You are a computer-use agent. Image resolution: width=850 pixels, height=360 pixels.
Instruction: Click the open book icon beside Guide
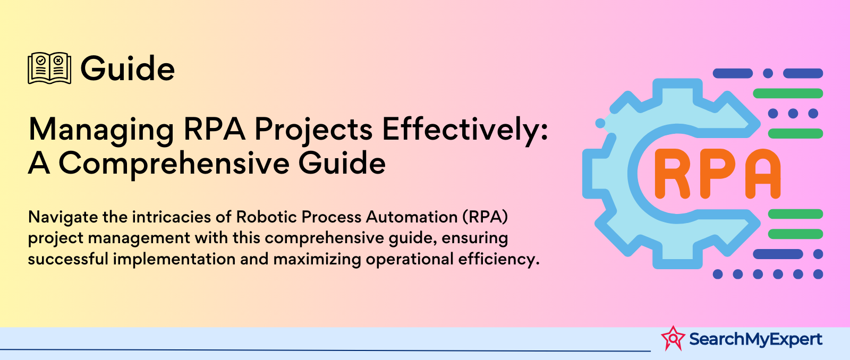49,68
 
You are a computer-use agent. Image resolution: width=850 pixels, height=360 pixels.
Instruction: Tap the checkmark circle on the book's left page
41,60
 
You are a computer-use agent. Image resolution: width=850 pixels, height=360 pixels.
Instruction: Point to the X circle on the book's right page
58,60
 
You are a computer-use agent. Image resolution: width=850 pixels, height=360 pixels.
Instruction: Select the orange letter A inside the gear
763,174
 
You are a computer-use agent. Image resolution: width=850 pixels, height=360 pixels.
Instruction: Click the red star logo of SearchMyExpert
673,338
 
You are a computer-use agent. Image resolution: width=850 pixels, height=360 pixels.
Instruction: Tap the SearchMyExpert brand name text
755,339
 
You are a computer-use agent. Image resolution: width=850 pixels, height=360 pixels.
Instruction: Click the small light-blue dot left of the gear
600,123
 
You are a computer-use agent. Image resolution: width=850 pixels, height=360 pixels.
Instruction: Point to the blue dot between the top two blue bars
768,73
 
